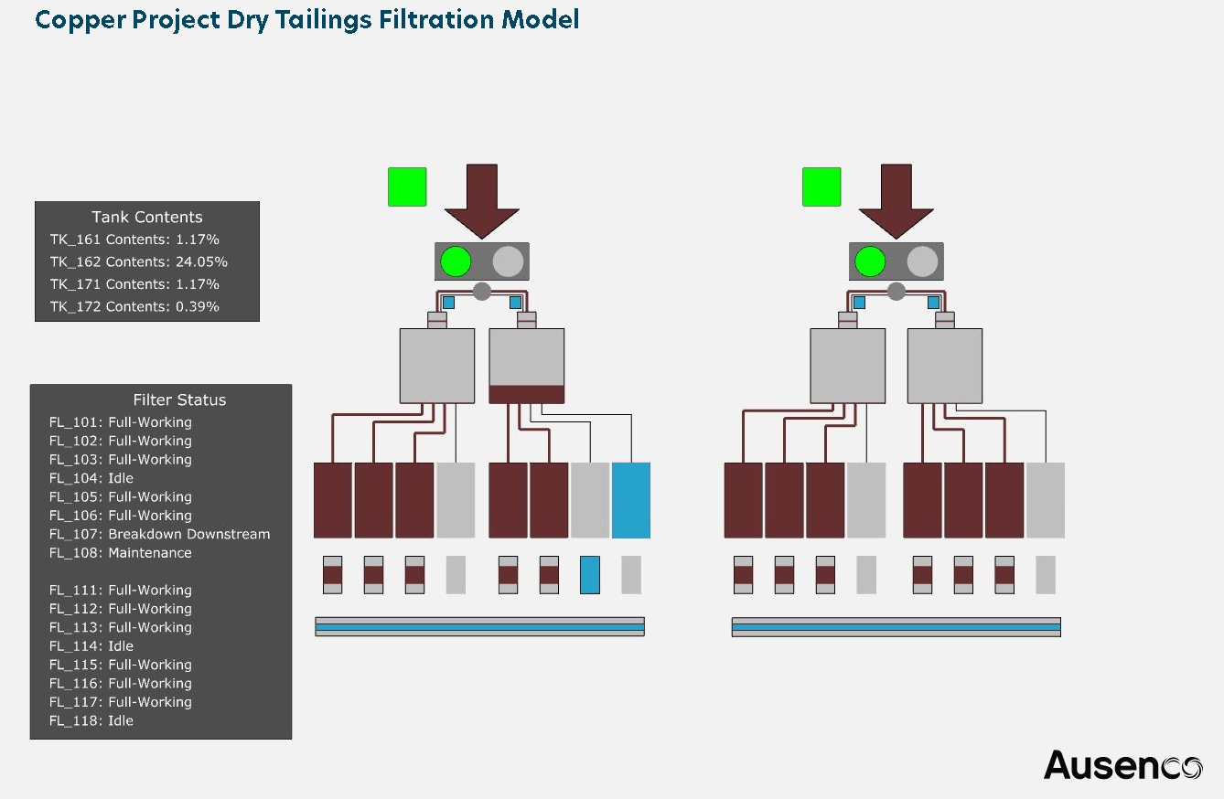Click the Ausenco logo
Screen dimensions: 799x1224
pos(1122,765)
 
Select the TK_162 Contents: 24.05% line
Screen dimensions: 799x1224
pos(138,262)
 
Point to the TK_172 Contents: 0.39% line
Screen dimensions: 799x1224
pos(134,307)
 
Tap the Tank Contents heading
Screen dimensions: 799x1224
pos(147,218)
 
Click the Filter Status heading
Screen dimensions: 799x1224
pos(179,400)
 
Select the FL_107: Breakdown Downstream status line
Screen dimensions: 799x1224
pos(159,535)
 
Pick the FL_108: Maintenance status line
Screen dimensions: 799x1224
pos(121,553)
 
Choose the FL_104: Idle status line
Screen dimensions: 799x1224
pos(91,478)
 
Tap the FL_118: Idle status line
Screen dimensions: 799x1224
pos(91,721)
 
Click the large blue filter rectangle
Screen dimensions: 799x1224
pos(631,500)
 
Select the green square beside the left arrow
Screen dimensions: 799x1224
pos(407,186)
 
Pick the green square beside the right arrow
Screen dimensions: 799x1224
pos(821,186)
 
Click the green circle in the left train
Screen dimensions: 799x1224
pos(456,262)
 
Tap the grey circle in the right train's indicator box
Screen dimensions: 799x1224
pos(922,262)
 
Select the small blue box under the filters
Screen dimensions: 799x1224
pos(590,575)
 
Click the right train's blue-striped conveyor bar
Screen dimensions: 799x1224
pos(897,627)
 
